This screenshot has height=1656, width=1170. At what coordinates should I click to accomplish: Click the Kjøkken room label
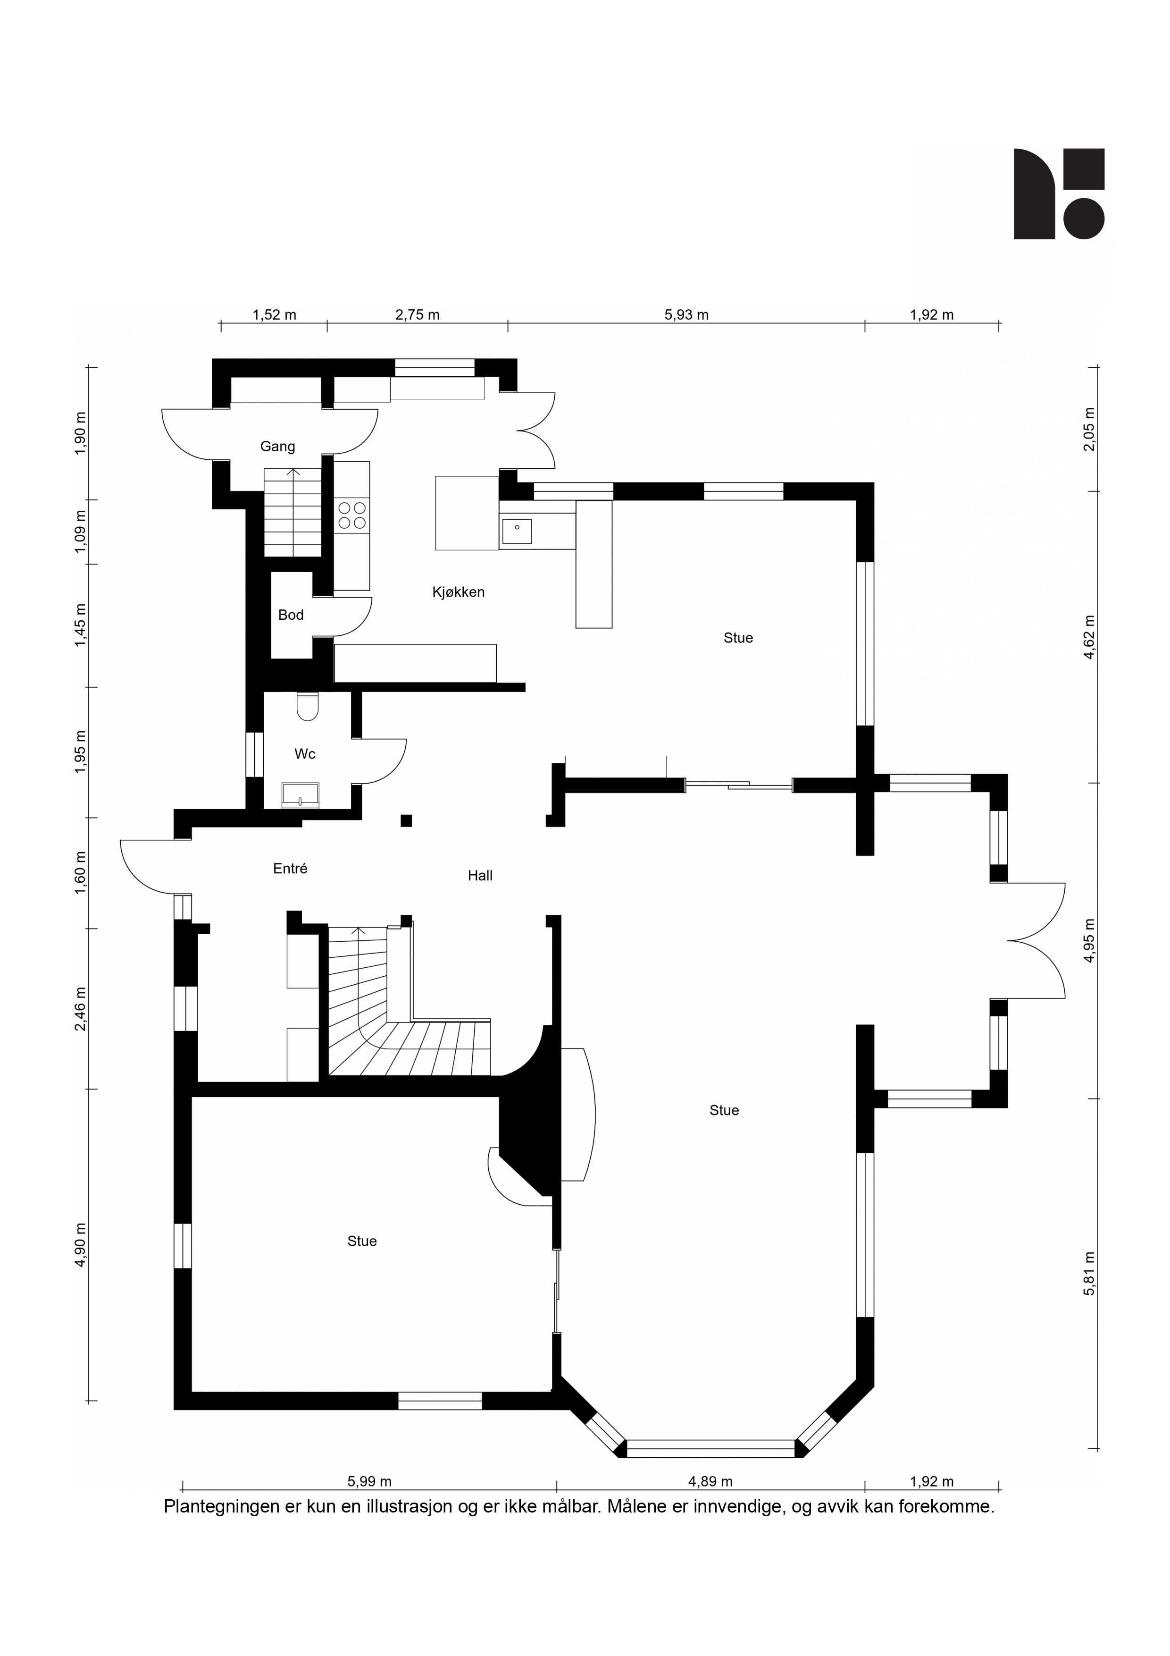click(459, 592)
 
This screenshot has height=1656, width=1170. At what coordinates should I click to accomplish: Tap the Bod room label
click(291, 615)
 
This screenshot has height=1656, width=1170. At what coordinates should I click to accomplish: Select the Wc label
click(305, 754)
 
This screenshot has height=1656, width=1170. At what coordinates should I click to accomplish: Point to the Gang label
click(277, 447)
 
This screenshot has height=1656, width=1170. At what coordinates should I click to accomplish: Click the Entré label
click(291, 869)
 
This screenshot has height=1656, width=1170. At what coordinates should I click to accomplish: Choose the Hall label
click(480, 876)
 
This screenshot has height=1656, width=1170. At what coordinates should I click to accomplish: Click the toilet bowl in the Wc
click(308, 706)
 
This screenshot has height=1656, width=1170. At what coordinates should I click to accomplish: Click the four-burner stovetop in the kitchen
click(352, 515)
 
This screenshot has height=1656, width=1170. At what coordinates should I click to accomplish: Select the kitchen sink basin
click(517, 532)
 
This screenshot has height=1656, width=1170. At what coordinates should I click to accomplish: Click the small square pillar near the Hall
click(407, 820)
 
